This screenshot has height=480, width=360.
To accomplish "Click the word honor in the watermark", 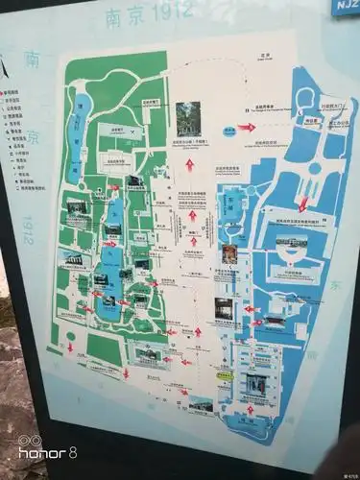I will (x=31, y=453).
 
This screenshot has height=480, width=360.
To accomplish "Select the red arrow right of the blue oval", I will (x=247, y=127).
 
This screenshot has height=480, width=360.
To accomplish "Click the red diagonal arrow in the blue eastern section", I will (x=303, y=203).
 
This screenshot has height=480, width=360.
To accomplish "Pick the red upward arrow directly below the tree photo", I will (x=190, y=164).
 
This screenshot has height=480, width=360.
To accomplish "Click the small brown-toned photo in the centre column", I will (x=228, y=253).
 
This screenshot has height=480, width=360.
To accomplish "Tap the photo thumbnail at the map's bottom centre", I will (x=201, y=405).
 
